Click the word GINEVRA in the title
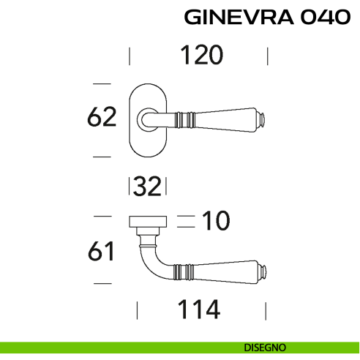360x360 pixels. click(235, 18)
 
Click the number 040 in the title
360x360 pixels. click(323, 18)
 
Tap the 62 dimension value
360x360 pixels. click(102, 118)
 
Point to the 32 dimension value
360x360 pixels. click(147, 187)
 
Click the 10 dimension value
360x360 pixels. click(216, 220)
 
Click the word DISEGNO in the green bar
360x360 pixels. click(266, 348)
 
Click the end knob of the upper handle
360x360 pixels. click(260, 118)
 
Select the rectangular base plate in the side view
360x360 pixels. click(149, 220)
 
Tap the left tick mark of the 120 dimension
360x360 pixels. click(130, 56)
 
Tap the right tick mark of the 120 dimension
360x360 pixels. click(268, 56)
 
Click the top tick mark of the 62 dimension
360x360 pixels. click(102, 83)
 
